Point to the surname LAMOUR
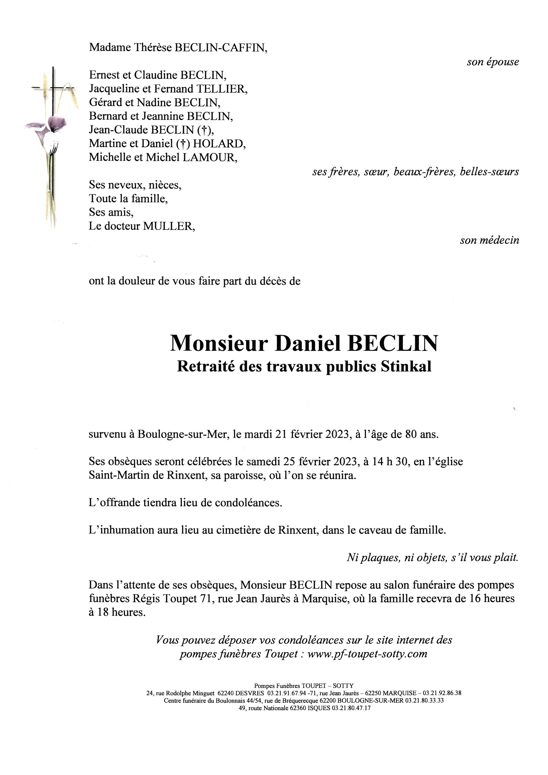click(x=209, y=158)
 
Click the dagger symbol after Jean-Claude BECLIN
click(x=204, y=130)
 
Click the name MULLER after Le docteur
click(x=169, y=226)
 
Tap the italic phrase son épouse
click(x=493, y=62)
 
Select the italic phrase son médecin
click(x=489, y=240)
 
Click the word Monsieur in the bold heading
click(x=219, y=343)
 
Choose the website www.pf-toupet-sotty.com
click(x=367, y=654)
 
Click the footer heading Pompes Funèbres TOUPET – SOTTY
click(x=304, y=686)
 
